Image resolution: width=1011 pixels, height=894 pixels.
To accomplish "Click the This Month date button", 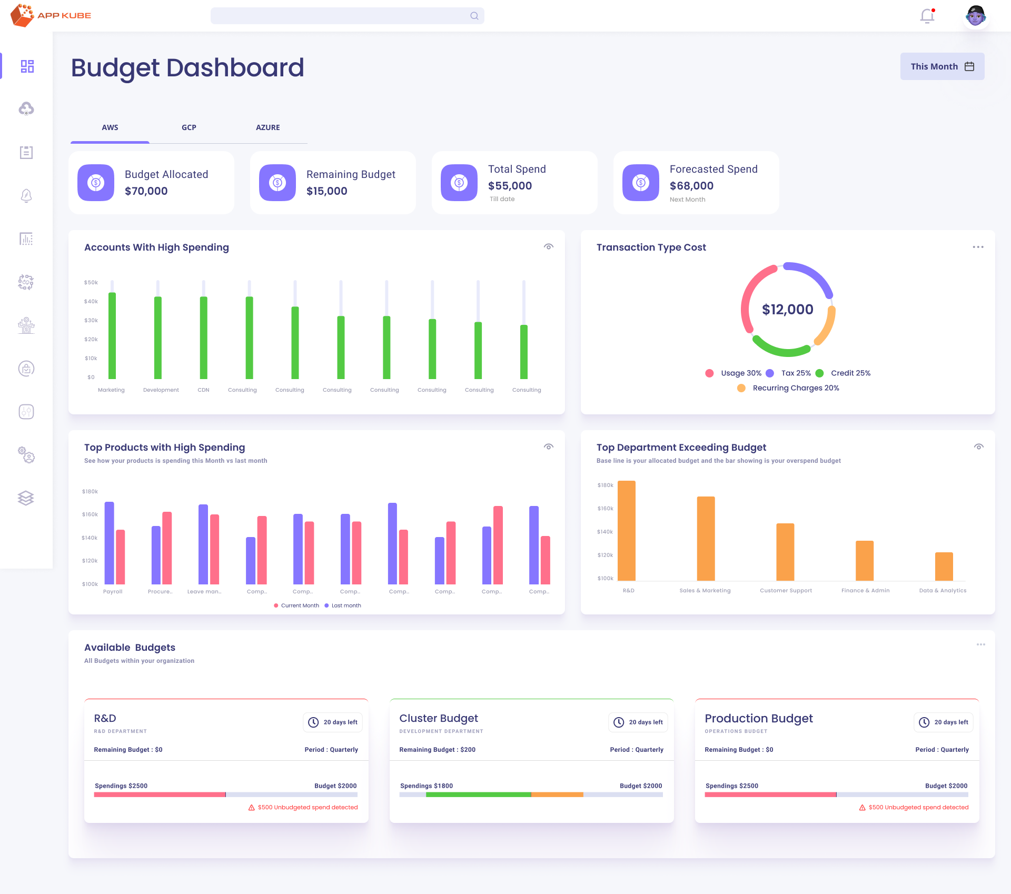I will pyautogui.click(x=941, y=66).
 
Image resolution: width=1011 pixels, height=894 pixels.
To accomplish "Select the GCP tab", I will pyautogui.click(x=189, y=127).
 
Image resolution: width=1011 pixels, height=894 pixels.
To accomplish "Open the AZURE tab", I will pyautogui.click(x=267, y=127).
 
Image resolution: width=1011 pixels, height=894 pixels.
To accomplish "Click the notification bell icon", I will pyautogui.click(x=927, y=16).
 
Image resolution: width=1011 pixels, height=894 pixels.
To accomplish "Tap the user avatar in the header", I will pyautogui.click(x=976, y=16).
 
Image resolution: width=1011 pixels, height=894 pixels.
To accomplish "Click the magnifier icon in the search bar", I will pyautogui.click(x=474, y=16).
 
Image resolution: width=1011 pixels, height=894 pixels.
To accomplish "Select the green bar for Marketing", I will pyautogui.click(x=112, y=337).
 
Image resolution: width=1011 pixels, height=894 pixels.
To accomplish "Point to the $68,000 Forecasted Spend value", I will pyautogui.click(x=691, y=186).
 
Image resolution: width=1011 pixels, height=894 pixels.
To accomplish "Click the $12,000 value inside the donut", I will pyautogui.click(x=787, y=310).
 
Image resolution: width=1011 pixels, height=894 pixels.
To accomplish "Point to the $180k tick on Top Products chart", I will pyautogui.click(x=90, y=491).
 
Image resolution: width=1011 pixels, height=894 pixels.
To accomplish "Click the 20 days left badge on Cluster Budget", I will pyautogui.click(x=638, y=722).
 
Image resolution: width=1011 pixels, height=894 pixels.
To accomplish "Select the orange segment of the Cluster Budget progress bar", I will pyautogui.click(x=557, y=794).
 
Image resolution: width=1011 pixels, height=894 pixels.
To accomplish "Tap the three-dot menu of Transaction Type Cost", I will pyautogui.click(x=978, y=247).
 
